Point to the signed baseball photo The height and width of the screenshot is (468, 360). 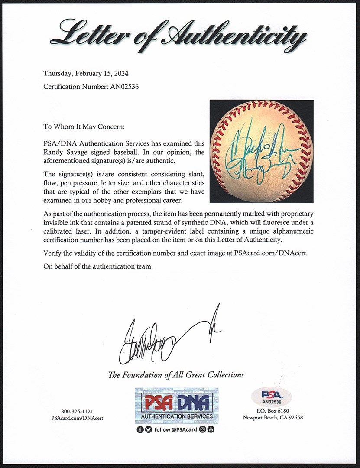coord(261,151)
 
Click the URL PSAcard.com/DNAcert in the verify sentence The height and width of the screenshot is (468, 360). coord(270,253)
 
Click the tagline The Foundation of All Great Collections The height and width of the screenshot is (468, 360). coord(176,375)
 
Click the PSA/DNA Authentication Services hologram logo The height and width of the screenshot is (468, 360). coord(176,406)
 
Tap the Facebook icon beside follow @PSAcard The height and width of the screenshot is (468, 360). coord(139,429)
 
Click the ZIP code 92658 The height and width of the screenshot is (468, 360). coord(295,418)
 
